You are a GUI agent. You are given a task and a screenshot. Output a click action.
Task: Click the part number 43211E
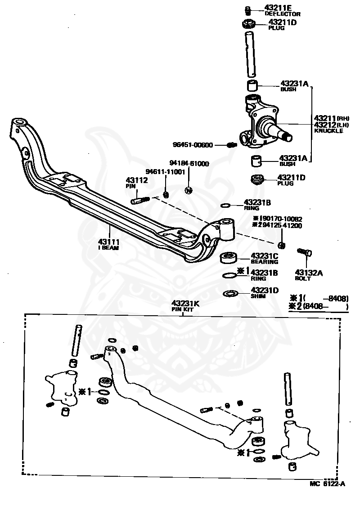278,8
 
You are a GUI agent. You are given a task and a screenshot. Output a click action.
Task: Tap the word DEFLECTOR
282,14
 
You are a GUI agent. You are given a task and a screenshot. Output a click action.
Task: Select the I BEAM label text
108,247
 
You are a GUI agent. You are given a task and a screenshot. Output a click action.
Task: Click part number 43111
108,242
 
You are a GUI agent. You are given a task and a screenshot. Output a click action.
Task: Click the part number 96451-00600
193,145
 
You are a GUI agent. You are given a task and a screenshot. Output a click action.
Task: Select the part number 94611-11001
165,172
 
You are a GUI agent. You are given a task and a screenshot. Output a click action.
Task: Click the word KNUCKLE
328,131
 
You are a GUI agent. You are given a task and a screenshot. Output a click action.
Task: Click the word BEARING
265,262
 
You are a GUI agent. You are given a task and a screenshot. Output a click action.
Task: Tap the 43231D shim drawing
231,294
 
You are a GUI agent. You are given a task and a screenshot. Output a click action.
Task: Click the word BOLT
302,279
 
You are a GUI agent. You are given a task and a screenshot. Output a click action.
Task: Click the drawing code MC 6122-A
327,484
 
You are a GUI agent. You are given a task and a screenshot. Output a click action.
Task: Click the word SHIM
258,296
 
